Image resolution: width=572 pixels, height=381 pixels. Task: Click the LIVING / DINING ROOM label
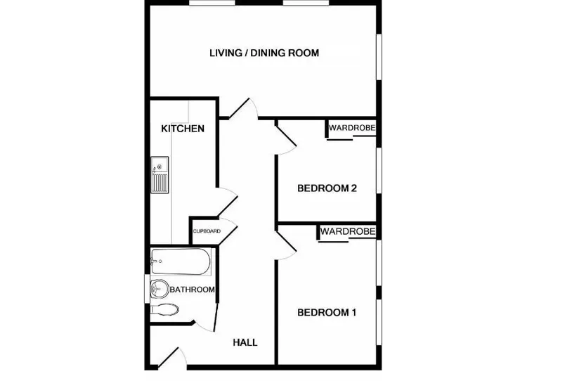pos(264,53)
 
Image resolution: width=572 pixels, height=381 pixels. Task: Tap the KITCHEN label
pos(183,129)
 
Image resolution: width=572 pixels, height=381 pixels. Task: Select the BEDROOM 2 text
pos(327,188)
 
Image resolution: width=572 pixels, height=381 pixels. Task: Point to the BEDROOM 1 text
pos(327,312)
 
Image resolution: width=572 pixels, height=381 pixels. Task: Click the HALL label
pos(245,342)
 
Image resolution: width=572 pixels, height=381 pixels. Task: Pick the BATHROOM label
pos(193,290)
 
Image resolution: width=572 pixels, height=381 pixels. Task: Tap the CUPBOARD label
pos(207,231)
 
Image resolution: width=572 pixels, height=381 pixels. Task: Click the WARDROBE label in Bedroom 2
pos(351,128)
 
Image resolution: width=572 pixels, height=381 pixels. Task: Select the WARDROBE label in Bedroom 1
pos(348,231)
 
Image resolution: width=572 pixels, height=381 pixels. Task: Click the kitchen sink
pos(160,175)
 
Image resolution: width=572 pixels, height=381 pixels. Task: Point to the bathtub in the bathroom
pos(181,261)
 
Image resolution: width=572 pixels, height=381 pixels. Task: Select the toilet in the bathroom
pos(164,310)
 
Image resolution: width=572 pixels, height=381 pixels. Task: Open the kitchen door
pos(228,202)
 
